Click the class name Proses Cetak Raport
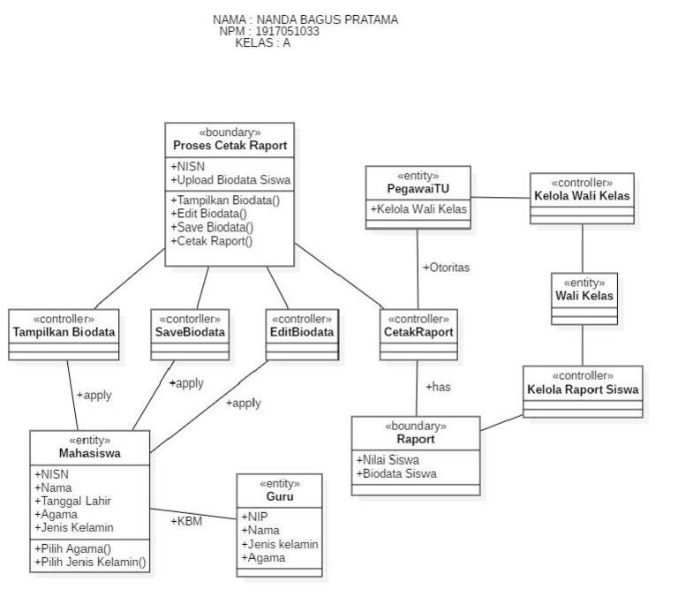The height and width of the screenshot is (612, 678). pyautogui.click(x=230, y=146)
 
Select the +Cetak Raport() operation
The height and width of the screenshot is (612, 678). pyautogui.click(x=211, y=241)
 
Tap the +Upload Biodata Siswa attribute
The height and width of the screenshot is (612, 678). pyautogui.click(x=230, y=180)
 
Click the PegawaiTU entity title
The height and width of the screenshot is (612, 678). pyautogui.click(x=418, y=188)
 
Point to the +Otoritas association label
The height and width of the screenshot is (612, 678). pyautogui.click(x=446, y=267)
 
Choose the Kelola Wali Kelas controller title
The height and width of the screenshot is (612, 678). pyautogui.click(x=582, y=195)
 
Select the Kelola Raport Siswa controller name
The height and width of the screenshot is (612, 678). pyautogui.click(x=583, y=389)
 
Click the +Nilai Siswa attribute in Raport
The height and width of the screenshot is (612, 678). pyautogui.click(x=388, y=459)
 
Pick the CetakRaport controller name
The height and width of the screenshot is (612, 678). pyautogui.click(x=419, y=332)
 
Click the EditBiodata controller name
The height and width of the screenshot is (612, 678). pyautogui.click(x=303, y=332)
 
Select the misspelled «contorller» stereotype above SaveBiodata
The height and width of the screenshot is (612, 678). pyautogui.click(x=191, y=319)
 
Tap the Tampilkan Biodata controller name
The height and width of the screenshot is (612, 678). pyautogui.click(x=64, y=332)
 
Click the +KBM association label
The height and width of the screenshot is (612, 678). pyautogui.click(x=186, y=520)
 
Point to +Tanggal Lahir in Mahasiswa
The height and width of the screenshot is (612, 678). pyautogui.click(x=72, y=501)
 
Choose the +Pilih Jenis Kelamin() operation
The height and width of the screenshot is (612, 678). pyautogui.click(x=91, y=562)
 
